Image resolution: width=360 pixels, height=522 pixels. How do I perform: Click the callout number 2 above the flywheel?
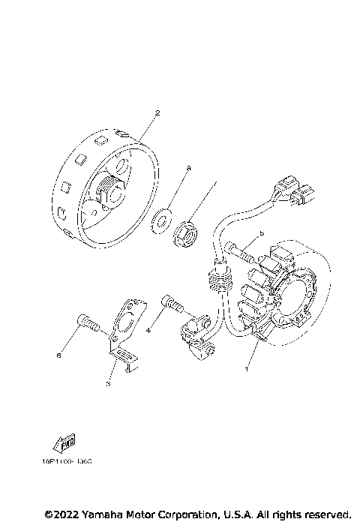click(x=157, y=113)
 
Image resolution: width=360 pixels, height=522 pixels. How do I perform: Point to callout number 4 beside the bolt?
click(x=148, y=329)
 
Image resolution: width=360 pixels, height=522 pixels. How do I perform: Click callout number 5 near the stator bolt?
click(x=261, y=234)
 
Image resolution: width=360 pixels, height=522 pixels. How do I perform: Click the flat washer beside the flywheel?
click(x=160, y=221)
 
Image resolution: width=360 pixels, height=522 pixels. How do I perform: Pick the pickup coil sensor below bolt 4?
click(x=196, y=334)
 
